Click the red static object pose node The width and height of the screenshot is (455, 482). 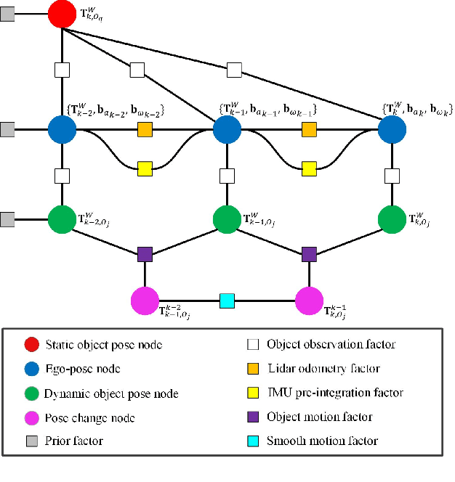(62, 14)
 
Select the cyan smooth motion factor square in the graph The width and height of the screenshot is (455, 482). (227, 300)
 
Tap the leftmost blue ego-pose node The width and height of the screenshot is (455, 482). (62, 130)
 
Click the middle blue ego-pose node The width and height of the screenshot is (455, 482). (227, 130)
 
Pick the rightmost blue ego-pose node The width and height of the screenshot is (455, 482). (392, 130)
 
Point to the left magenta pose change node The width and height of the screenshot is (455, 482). (144, 300)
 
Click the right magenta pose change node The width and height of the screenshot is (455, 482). (310, 300)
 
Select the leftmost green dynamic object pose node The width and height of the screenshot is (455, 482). (62, 218)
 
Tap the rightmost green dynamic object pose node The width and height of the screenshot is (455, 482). (392, 218)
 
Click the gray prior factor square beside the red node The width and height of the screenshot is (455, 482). (7, 14)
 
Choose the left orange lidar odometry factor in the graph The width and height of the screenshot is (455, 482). (144, 130)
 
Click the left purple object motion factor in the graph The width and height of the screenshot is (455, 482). (144, 255)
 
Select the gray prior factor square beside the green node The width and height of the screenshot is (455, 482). (7, 218)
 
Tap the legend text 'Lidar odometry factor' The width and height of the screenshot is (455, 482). (323, 369)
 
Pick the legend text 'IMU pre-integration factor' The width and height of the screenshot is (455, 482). (335, 393)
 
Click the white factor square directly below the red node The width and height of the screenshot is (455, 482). (62, 70)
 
